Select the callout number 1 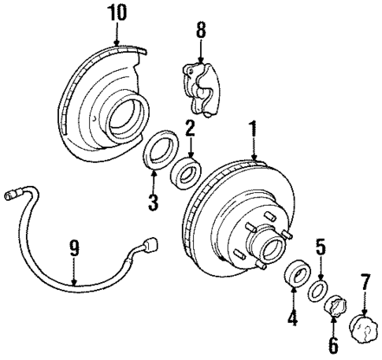click(254, 128)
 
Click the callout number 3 click(152, 201)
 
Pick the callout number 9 click(73, 249)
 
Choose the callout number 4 click(293, 318)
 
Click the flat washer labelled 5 click(317, 288)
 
